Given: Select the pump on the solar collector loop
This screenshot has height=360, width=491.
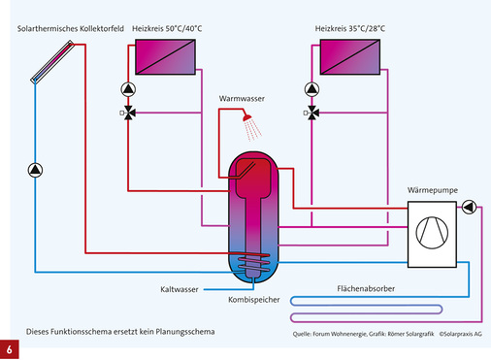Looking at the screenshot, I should point(35,171).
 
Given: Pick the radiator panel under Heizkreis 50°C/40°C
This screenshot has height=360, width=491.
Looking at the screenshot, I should point(166,59).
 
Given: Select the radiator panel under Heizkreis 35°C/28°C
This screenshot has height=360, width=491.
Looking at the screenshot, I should point(352,59).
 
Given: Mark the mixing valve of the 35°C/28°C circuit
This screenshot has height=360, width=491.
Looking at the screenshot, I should point(314,113).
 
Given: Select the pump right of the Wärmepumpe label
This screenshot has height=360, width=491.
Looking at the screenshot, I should point(471,206).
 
